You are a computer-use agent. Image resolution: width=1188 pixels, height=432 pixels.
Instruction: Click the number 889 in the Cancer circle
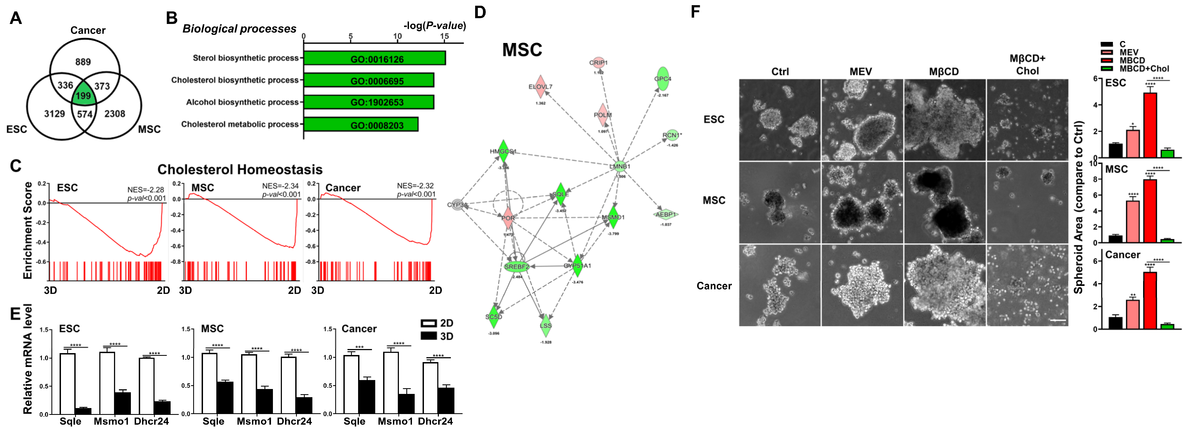83,62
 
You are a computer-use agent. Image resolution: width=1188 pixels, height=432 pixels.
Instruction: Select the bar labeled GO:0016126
374,58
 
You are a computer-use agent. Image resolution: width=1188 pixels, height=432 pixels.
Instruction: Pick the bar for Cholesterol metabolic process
361,125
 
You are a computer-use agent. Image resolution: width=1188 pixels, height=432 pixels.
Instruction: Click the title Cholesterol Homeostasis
240,170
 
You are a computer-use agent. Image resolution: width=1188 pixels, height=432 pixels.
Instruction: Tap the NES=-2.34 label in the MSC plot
280,186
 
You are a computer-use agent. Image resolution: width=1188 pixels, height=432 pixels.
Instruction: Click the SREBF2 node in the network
516,267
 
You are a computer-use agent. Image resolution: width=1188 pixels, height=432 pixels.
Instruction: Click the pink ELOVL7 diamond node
540,87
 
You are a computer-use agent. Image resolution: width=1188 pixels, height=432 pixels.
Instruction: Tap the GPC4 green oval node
663,79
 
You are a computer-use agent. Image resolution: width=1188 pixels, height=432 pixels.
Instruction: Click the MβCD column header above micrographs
944,72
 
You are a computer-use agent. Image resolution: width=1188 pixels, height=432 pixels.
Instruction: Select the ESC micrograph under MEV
861,120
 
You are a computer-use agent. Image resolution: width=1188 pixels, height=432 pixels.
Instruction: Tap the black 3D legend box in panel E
429,336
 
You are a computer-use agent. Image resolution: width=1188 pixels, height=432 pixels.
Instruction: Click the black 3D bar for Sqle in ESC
83,411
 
